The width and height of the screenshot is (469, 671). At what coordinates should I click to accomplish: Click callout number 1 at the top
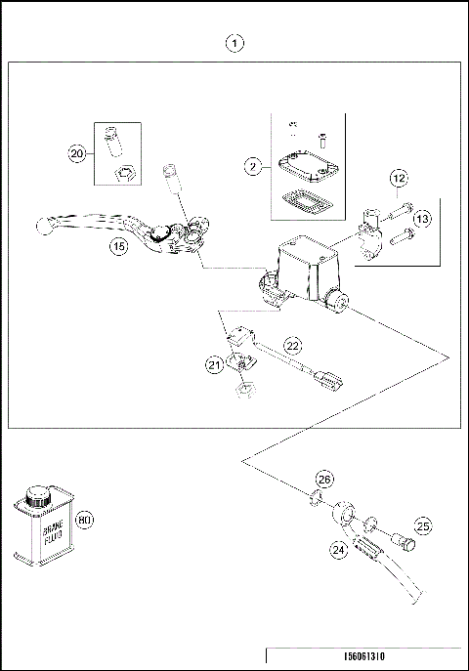pos(234,43)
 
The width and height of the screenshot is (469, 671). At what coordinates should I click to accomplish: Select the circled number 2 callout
pos(253,166)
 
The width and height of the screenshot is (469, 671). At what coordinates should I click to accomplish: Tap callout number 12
pos(399,178)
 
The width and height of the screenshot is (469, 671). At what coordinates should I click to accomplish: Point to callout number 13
pos(422,219)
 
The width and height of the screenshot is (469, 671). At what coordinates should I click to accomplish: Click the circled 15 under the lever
pos(119,246)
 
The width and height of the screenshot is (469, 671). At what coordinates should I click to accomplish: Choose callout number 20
pos(77,153)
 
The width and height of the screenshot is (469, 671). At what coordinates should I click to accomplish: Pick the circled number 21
pos(215,365)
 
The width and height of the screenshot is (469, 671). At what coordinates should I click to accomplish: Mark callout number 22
pos(293,346)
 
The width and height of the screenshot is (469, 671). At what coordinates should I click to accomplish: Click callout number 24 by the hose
pos(338,549)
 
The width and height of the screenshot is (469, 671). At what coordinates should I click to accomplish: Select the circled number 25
pos(423,525)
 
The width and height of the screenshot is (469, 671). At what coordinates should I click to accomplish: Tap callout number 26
pos(324,480)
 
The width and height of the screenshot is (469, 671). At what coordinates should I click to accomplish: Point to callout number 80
pos(84,520)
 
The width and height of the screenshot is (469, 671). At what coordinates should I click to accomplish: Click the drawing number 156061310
pos(364,656)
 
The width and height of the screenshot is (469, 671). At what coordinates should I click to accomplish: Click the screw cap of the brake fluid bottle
pos(38,495)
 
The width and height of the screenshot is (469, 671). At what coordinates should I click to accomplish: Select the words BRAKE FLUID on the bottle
pos(53,532)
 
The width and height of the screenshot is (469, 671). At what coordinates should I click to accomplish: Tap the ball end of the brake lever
pos(44,226)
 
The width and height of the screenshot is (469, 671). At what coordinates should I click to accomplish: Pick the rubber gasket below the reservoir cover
pos(308,199)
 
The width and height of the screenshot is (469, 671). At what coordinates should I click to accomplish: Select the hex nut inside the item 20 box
pos(124,174)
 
